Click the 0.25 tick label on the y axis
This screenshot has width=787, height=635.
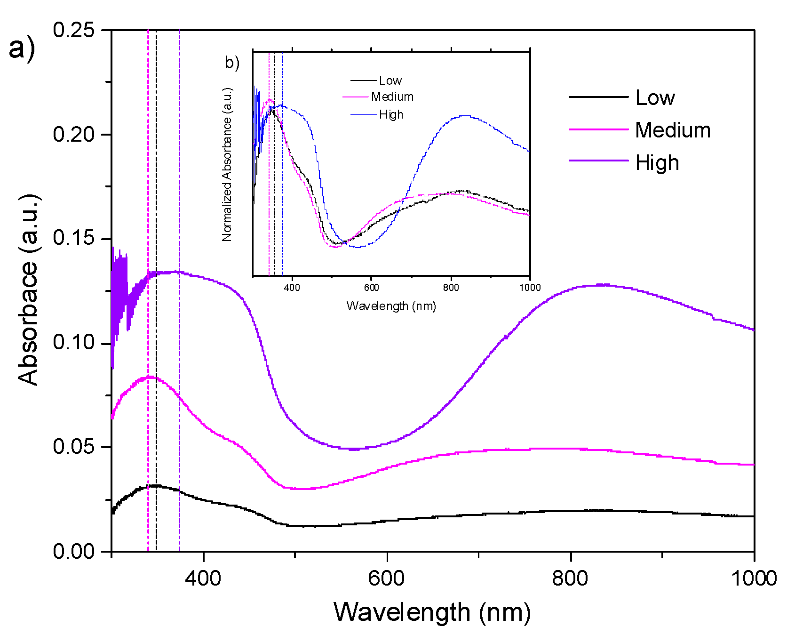73,30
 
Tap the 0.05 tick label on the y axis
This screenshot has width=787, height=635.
73,446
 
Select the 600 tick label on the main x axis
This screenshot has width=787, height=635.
386,578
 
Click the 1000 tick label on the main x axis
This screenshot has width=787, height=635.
753,578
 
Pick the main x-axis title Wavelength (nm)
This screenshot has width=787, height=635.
432,612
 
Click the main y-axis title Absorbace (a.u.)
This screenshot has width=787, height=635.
28,289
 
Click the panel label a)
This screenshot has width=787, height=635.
22,48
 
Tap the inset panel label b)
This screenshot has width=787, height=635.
232,63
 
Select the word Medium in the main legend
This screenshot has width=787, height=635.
673,130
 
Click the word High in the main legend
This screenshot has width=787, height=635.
657,163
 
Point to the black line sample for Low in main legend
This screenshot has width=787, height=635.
598,97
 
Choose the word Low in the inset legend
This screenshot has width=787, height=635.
390,81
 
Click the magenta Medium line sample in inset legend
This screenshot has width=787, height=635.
355,97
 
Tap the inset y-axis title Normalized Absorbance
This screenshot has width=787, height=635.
227,165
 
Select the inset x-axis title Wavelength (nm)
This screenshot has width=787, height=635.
391,306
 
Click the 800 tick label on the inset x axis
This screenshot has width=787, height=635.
451,288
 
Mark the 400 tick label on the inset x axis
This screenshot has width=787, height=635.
292,288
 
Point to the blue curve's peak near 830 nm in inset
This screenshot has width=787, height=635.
465,116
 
